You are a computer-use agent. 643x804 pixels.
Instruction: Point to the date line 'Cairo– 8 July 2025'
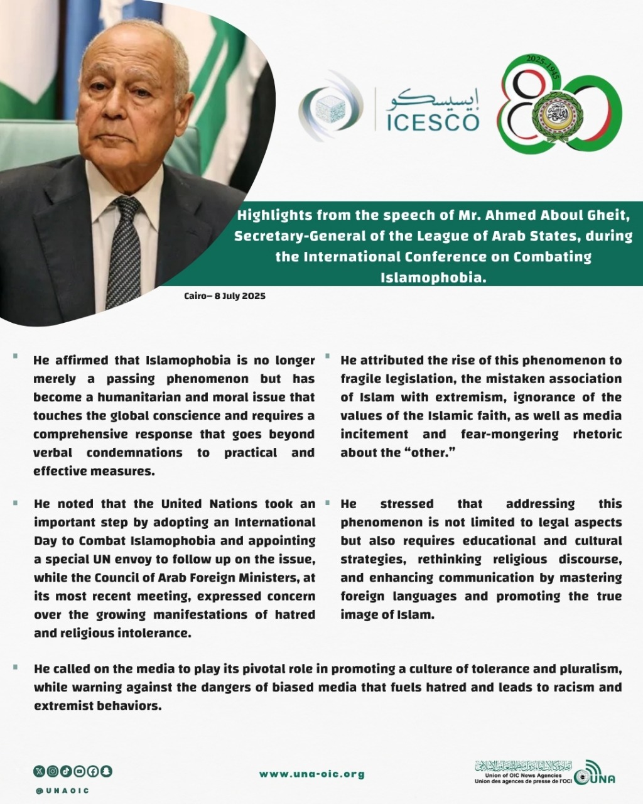(225, 296)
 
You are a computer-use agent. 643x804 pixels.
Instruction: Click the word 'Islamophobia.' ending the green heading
(433, 277)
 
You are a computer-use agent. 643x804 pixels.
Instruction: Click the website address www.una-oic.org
(312, 774)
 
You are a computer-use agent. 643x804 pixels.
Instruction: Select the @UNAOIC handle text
(62, 791)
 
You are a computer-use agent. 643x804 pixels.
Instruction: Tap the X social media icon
(39, 771)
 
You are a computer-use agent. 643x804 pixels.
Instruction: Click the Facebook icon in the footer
(94, 771)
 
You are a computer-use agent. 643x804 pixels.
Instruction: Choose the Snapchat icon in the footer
(107, 771)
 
